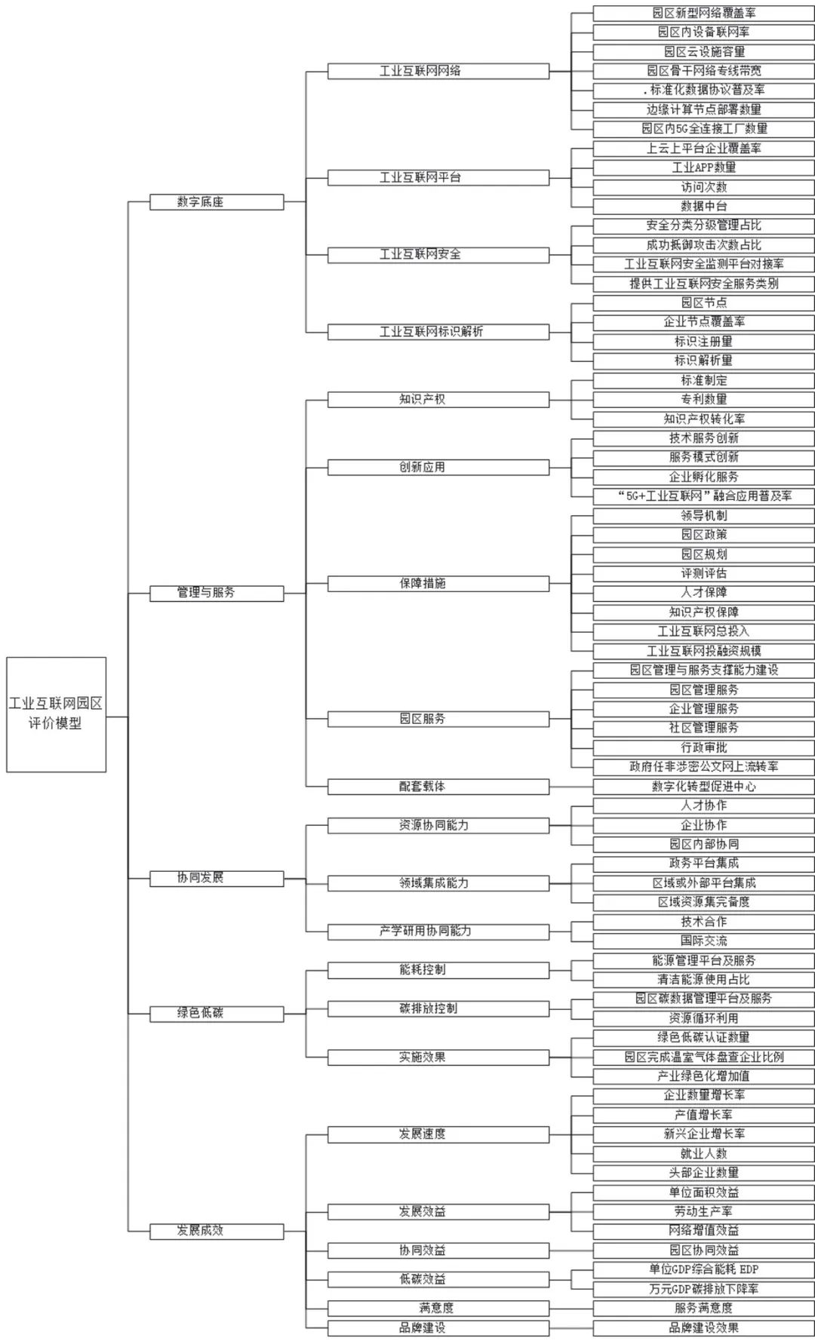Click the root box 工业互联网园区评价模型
(56, 713)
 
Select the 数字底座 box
(217, 202)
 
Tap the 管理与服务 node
(217, 593)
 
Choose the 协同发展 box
(217, 878)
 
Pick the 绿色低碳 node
(217, 1013)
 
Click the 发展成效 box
(217, 1230)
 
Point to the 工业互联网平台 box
(438, 177)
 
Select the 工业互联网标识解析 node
(438, 332)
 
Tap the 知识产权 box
(438, 399)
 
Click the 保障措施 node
(438, 583)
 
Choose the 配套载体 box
(438, 786)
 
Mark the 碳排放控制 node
(438, 1008)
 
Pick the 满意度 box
(438, 1308)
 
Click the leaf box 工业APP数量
(703, 167)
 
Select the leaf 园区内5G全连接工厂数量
(703, 129)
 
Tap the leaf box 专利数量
(703, 399)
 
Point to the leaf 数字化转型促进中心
(703, 786)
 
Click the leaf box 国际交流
(703, 941)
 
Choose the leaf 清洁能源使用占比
(703, 980)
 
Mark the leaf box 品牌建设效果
(703, 1327)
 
